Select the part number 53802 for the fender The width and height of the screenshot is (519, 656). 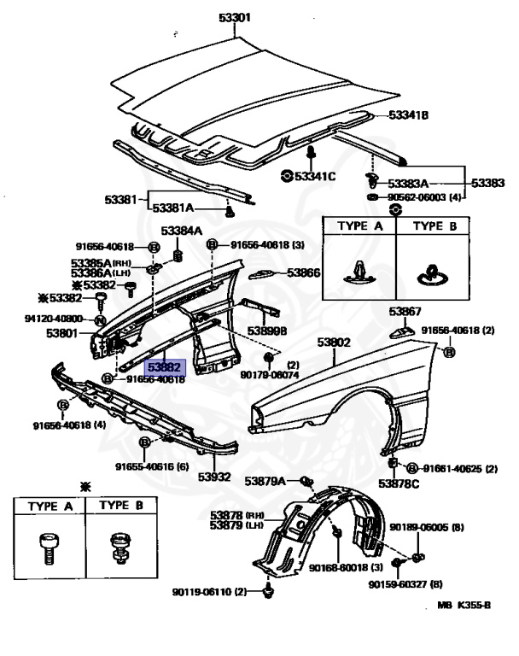click(335, 343)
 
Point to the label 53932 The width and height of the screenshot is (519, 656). click(215, 476)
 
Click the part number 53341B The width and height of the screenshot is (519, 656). click(408, 114)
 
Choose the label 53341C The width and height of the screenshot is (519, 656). click(315, 176)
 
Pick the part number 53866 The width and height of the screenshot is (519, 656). click(303, 272)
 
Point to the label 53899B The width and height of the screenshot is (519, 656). click(267, 329)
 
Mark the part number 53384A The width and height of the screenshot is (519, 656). click(182, 231)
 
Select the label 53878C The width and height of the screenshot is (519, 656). click(399, 484)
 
